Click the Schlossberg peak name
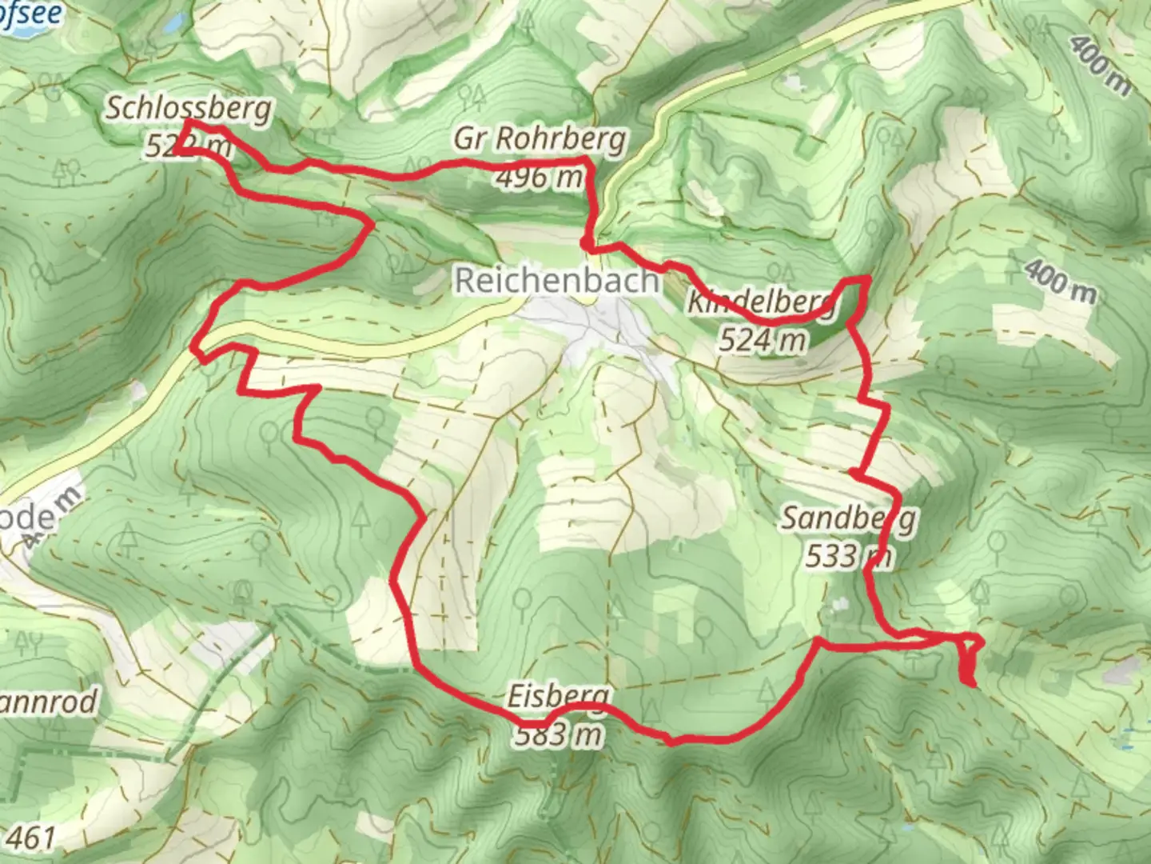[x=189, y=108]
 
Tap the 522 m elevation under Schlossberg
[x=189, y=146]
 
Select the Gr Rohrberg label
[x=540, y=139]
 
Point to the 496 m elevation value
[x=540, y=177]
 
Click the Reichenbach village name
[x=557, y=281]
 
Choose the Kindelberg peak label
[x=761, y=303]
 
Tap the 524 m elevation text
[x=762, y=341]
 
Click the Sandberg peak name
[x=848, y=518]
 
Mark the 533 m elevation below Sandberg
[x=848, y=555]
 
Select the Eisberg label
[x=559, y=697]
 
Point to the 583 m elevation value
[x=559, y=734]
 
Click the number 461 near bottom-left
[x=34, y=838]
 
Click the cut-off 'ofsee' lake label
[x=32, y=14]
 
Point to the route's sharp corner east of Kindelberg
[x=868, y=278]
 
